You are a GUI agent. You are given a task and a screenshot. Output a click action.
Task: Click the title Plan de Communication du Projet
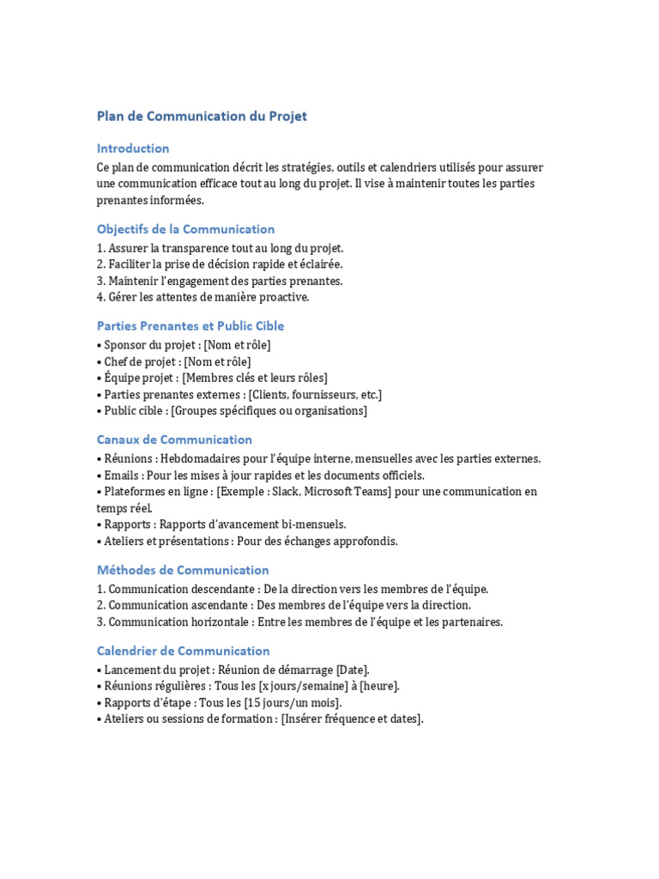click(202, 117)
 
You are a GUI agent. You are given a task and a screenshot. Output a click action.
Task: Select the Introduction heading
click(133, 149)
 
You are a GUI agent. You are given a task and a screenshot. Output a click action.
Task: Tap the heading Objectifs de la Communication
click(185, 229)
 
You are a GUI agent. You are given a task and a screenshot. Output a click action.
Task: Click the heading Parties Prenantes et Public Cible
click(190, 326)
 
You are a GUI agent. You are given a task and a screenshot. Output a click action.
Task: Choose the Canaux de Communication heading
click(174, 439)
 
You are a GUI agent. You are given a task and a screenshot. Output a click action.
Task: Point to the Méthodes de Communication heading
click(183, 570)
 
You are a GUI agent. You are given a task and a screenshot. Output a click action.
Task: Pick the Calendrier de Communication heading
click(183, 651)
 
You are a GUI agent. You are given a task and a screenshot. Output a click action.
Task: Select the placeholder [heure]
click(379, 686)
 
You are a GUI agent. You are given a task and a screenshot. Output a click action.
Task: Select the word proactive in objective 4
click(281, 297)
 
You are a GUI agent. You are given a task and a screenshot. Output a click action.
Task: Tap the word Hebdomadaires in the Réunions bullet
click(203, 458)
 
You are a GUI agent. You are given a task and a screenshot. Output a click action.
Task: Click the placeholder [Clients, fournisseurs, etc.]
click(315, 394)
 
